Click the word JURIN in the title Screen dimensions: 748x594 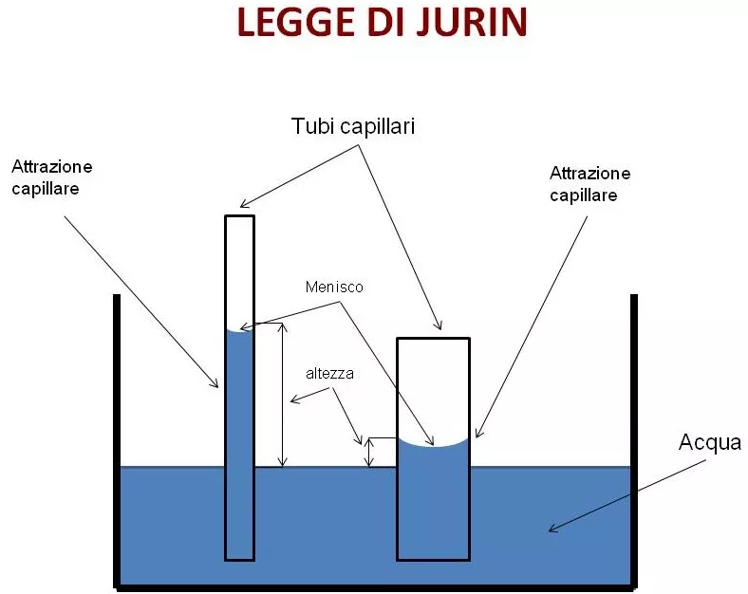(472, 22)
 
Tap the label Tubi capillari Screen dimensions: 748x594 (353, 126)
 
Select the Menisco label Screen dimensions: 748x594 (334, 287)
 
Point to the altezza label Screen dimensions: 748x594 (329, 373)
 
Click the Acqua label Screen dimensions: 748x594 (710, 443)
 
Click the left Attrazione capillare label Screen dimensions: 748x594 (51, 177)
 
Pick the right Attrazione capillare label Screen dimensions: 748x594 (589, 184)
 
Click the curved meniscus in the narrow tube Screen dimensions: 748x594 (239, 330)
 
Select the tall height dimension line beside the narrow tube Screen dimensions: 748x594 (283, 395)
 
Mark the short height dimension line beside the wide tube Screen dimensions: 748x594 (369, 453)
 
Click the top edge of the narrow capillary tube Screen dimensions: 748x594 (239, 216)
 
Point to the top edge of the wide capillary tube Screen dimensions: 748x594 (433, 339)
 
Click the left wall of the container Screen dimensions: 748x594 (117, 441)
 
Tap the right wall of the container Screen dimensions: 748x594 (634, 441)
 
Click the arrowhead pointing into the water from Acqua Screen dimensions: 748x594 (553, 528)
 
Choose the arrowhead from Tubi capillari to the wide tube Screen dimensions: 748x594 (438, 325)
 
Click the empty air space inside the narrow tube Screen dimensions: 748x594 (239, 272)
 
